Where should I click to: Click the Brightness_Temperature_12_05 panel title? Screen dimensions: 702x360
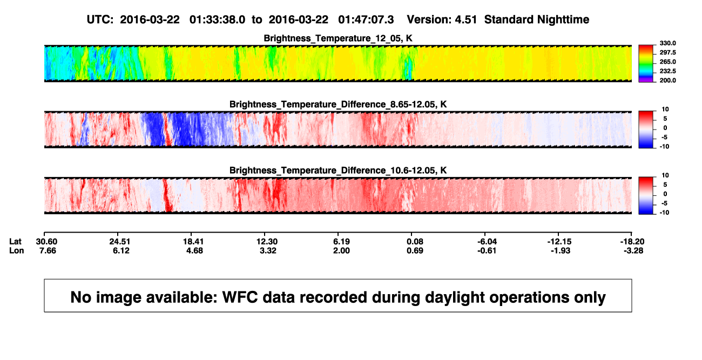click(338, 38)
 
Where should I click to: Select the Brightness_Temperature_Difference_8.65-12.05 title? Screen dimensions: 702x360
click(338, 104)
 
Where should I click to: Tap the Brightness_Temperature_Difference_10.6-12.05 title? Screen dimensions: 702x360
click(338, 171)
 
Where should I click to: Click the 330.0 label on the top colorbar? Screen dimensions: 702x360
click(667, 43)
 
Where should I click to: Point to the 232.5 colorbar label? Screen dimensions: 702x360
click(667, 71)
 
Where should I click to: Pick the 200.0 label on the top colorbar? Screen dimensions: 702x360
click(667, 80)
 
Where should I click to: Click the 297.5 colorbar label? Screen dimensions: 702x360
click(667, 53)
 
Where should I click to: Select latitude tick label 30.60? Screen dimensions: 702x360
click(46, 242)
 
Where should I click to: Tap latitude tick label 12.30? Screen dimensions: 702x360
click(267, 242)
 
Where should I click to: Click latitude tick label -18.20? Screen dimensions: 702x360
click(632, 242)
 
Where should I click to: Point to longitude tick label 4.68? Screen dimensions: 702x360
click(194, 250)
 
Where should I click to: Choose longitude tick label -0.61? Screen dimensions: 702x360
click(487, 250)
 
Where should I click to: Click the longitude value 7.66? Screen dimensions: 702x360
click(48, 250)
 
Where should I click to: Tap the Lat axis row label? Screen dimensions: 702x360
click(15, 242)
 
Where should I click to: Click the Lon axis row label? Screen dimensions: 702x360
click(17, 250)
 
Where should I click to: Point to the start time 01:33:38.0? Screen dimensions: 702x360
click(217, 20)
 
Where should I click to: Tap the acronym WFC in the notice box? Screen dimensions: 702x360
click(240, 297)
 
